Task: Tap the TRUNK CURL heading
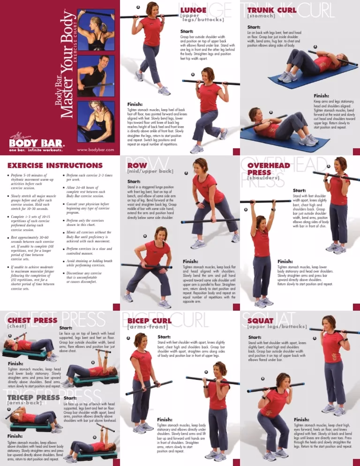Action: [x=271, y=10]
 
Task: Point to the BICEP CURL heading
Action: [x=150, y=321]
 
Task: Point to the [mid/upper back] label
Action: [x=150, y=172]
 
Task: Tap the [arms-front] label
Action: [x=147, y=327]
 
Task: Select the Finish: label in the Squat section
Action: [x=301, y=420]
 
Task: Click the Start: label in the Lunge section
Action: [x=187, y=31]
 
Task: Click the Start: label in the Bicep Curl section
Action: [x=164, y=337]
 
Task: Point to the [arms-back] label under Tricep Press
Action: [x=23, y=403]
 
